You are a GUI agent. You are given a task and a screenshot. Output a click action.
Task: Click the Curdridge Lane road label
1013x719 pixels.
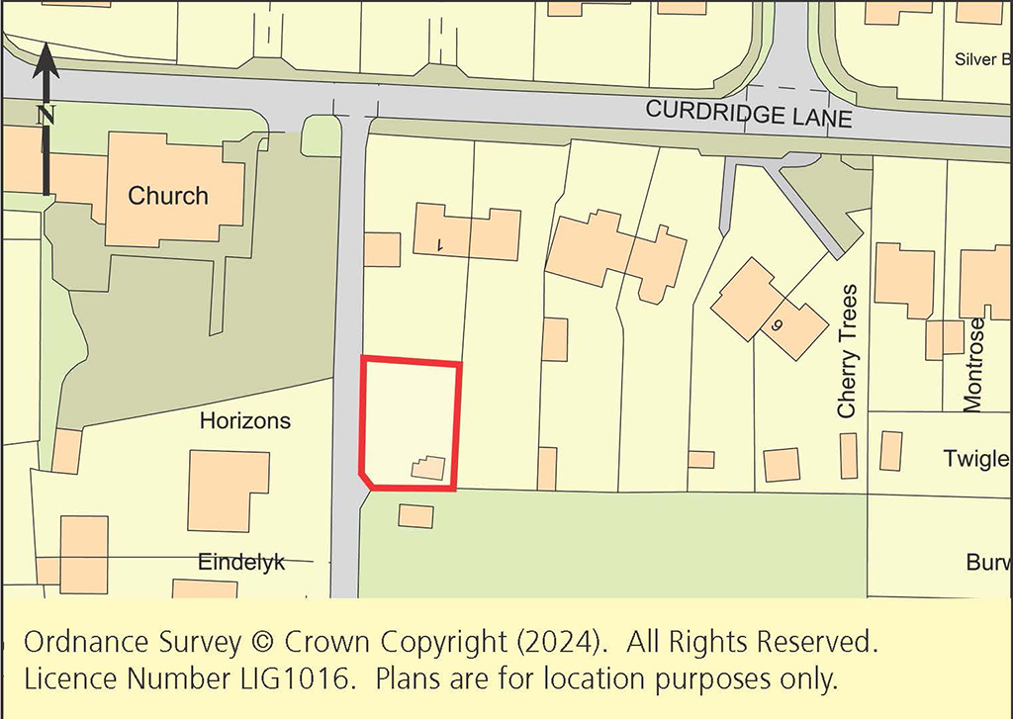coord(748,114)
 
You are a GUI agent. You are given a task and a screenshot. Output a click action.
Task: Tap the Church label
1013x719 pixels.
coord(168,196)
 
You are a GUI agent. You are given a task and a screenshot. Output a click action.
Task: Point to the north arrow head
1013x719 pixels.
coord(46,61)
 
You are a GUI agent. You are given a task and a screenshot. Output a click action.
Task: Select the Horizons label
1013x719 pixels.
coord(245,420)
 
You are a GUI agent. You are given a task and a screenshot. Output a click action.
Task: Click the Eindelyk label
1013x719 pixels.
coord(241,562)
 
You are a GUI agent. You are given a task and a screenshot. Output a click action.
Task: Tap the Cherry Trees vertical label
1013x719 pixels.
coord(847,351)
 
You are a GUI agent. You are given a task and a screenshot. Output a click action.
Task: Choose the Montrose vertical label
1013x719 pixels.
coord(974,364)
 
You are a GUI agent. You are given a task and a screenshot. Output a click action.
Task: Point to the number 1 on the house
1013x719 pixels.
coord(440,244)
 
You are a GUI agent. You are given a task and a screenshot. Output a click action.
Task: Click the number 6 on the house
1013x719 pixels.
coord(777,323)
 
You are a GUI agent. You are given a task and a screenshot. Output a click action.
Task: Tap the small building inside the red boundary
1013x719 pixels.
coord(428,468)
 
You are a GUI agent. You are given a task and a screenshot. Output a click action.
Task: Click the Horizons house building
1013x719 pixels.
coord(229,490)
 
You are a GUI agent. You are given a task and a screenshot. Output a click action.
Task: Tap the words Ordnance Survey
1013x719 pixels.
coord(131,643)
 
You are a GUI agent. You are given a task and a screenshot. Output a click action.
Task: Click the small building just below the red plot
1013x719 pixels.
coord(415,515)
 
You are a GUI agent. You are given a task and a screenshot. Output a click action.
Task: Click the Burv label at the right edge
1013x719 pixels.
coord(988,563)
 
